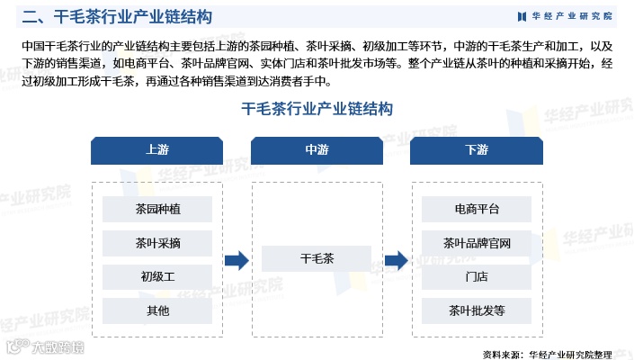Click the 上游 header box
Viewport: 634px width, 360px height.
click(156, 150)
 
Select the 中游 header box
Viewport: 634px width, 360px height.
click(317, 150)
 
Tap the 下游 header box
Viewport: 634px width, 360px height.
click(477, 150)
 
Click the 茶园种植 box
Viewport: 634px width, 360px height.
click(156, 209)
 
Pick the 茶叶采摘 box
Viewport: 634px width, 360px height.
click(156, 242)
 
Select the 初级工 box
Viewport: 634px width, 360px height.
click(156, 276)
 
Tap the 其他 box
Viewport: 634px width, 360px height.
click(156, 310)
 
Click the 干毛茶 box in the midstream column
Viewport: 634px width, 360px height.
click(317, 259)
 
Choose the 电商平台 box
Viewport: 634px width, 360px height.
click(477, 209)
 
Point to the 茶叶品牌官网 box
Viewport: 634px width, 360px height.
click(477, 242)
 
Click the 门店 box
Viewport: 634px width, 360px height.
click(477, 276)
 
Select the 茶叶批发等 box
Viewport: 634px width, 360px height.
click(477, 310)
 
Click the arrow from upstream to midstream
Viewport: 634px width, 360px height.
click(237, 260)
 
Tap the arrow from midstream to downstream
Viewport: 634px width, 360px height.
click(397, 260)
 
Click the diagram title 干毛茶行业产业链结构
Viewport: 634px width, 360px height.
click(317, 109)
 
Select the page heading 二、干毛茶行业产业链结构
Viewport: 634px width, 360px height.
click(118, 16)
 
